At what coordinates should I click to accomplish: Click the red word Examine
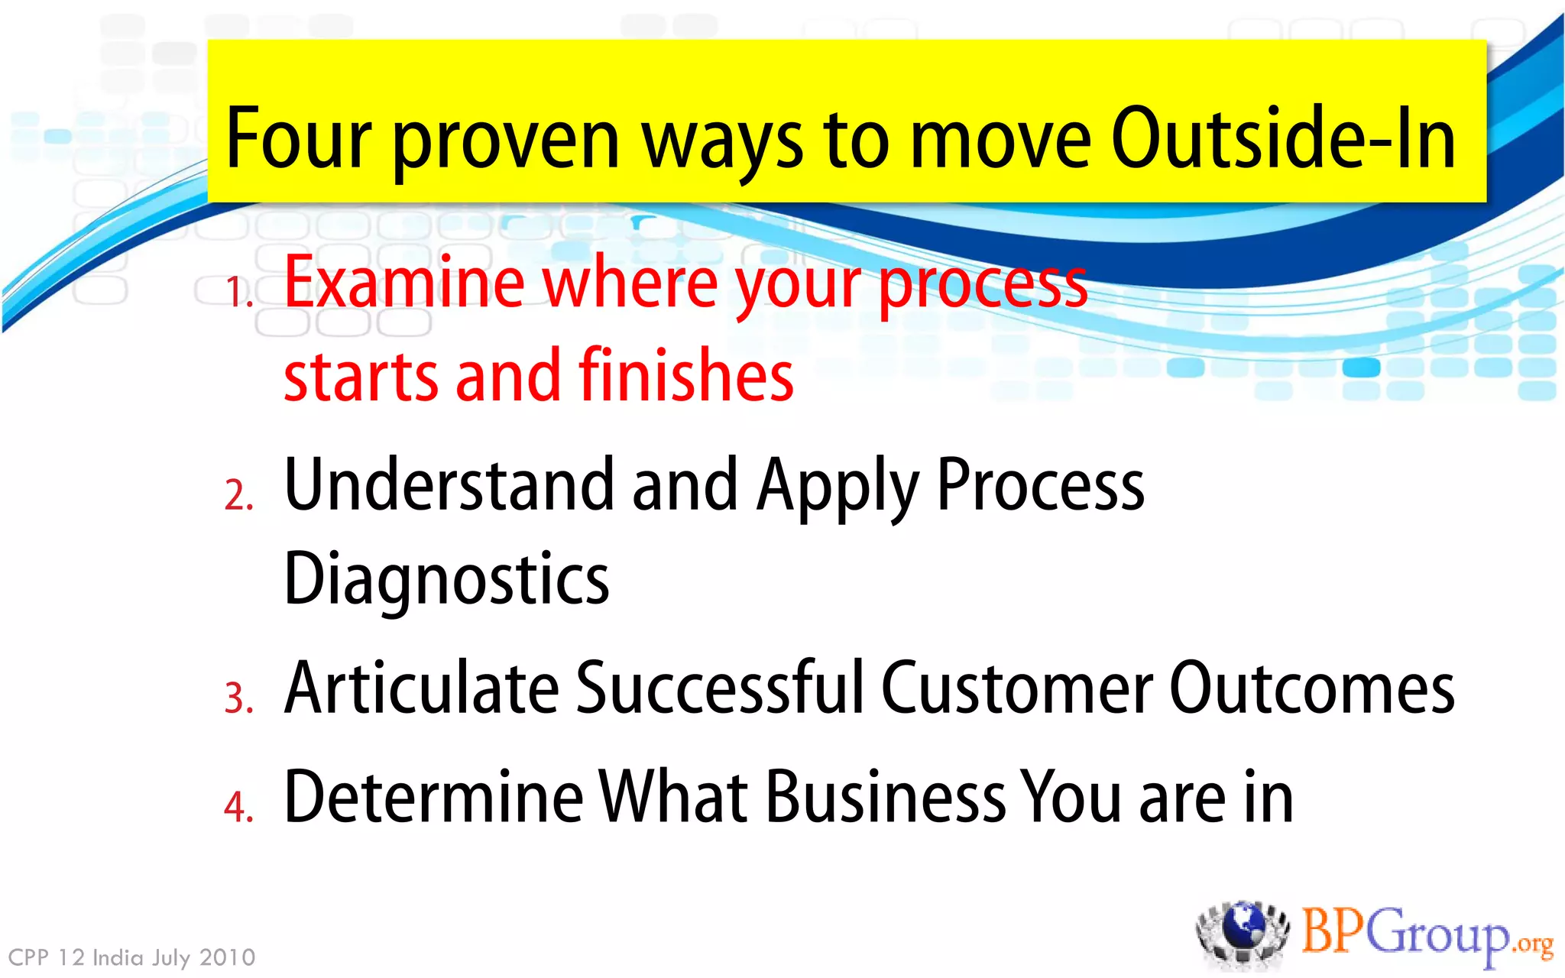pyautogui.click(x=404, y=283)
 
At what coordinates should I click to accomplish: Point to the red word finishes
pyautogui.click(x=685, y=375)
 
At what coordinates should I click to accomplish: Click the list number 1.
pyautogui.click(x=238, y=293)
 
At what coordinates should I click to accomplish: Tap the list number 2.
pyautogui.click(x=238, y=495)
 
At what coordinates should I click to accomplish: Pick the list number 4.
pyautogui.click(x=238, y=807)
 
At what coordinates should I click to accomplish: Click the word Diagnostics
pyautogui.click(x=446, y=579)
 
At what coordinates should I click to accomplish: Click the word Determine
pyautogui.click(x=433, y=797)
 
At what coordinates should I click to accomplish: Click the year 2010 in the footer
pyautogui.click(x=227, y=957)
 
